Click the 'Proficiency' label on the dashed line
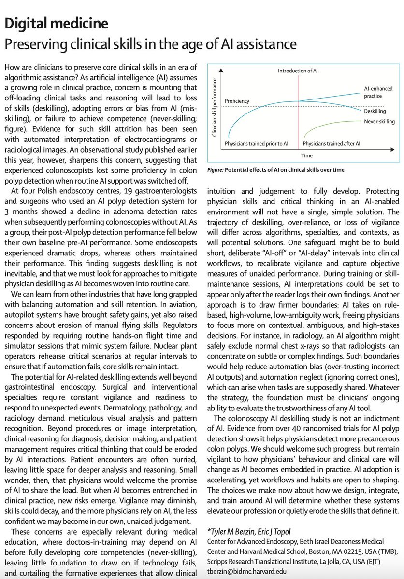click(237, 101)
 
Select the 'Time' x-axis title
click(307, 155)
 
